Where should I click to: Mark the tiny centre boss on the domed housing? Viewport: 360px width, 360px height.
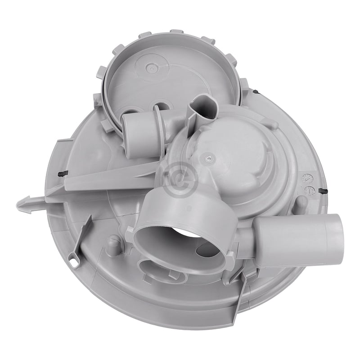(207, 158)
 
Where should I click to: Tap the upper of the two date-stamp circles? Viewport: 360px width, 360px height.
(308, 178)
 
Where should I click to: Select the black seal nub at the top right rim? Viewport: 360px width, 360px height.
(256, 91)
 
